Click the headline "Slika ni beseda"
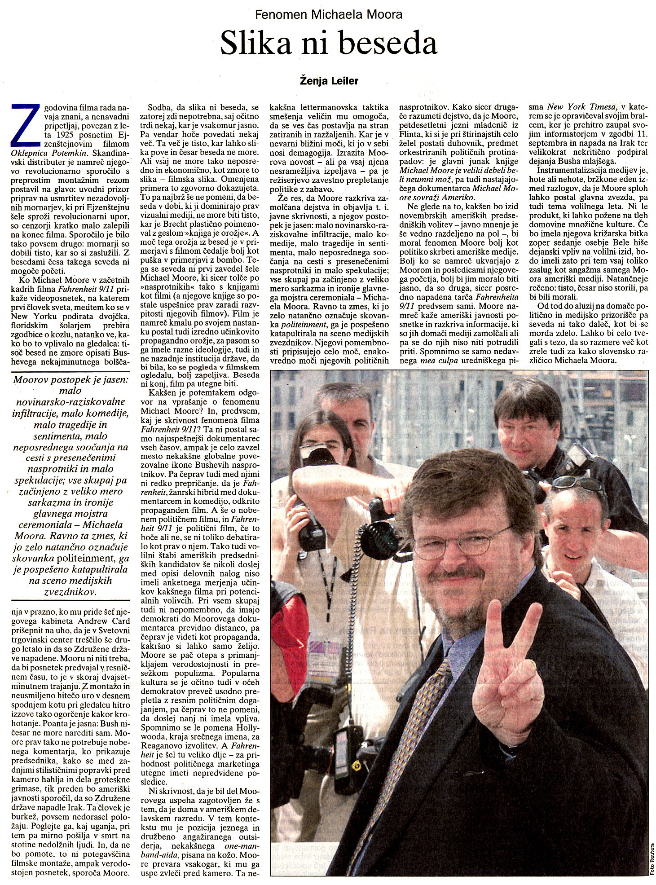tap(329, 44)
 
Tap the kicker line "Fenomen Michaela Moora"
tap(328, 14)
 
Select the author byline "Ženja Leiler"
tap(329, 81)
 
